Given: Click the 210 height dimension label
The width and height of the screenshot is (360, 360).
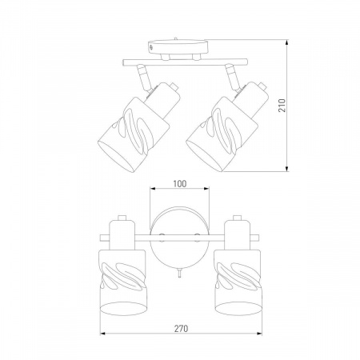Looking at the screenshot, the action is (282, 106).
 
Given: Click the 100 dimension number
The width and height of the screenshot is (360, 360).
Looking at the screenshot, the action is (180, 184).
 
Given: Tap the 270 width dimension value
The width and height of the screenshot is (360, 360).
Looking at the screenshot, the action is (182, 329).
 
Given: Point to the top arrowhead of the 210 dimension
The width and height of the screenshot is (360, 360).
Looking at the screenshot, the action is (287, 42).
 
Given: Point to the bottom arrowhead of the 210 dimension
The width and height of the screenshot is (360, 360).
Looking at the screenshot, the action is (287, 168).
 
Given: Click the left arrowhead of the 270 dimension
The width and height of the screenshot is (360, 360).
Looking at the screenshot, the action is (103, 334).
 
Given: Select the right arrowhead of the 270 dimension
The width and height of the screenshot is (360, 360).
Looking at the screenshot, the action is (259, 334).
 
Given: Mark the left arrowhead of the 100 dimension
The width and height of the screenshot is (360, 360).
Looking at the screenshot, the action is (153, 189).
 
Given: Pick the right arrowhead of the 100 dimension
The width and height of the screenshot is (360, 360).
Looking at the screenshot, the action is (206, 189).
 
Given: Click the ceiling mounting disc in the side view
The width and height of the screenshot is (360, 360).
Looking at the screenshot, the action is (178, 47).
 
